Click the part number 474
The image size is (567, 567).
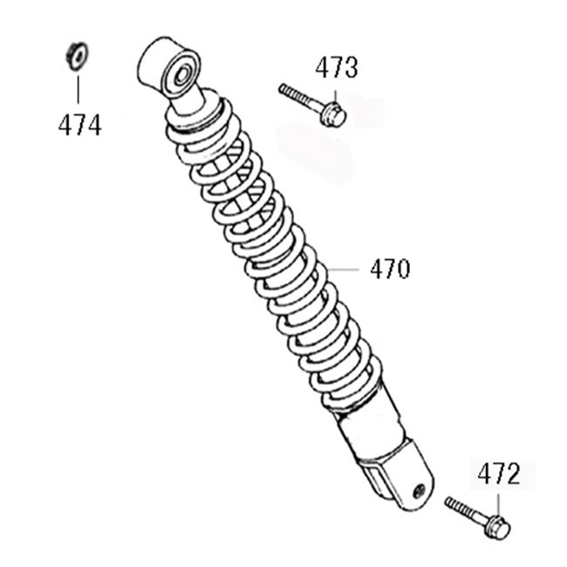pyautogui.click(x=79, y=126)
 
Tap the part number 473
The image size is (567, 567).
pyautogui.click(x=336, y=68)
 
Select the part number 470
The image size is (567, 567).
pyautogui.click(x=389, y=270)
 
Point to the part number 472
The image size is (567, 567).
pyautogui.click(x=498, y=475)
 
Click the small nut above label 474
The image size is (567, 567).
pyautogui.click(x=76, y=55)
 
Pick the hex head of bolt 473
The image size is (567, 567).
pyautogui.click(x=332, y=113)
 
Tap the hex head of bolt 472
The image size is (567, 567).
pyautogui.click(x=496, y=527)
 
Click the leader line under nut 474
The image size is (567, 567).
pyautogui.click(x=77, y=89)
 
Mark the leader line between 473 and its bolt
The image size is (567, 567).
pyautogui.click(x=334, y=91)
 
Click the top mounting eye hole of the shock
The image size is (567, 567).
pyautogui.click(x=183, y=72)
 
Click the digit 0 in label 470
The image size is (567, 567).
pyautogui.click(x=402, y=270)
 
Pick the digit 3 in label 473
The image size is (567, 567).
pyautogui.click(x=350, y=68)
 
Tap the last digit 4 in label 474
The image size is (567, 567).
pyautogui.click(x=93, y=126)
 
